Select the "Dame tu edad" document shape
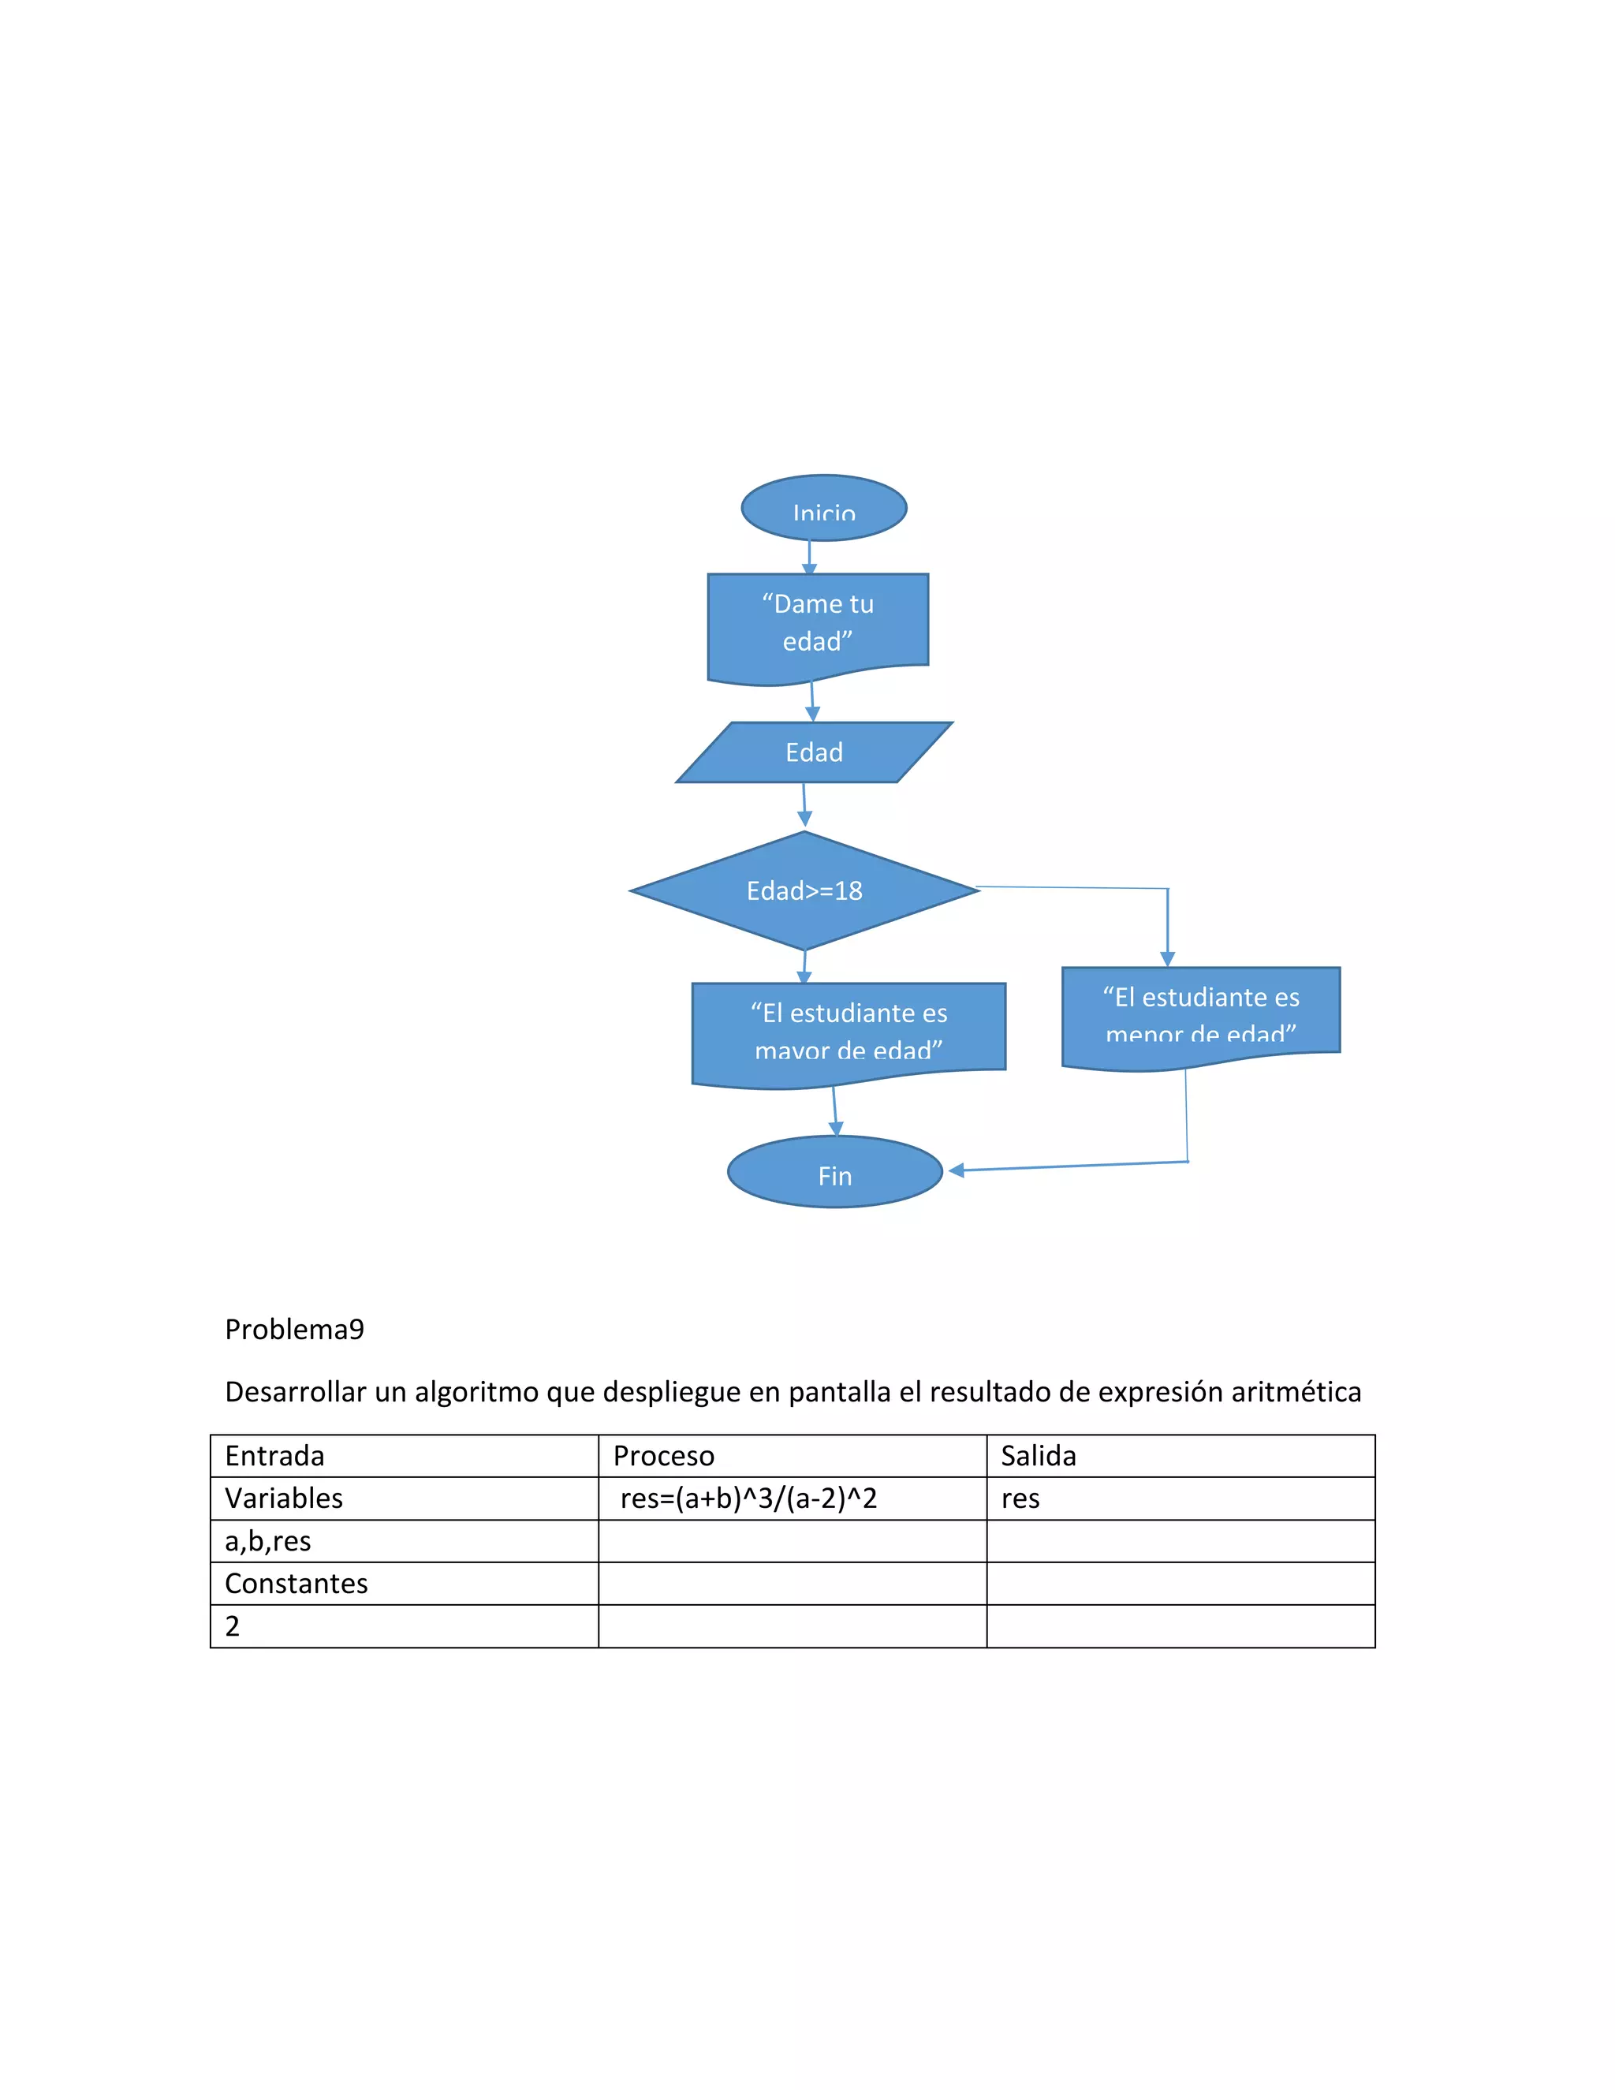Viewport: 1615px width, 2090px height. [x=817, y=624]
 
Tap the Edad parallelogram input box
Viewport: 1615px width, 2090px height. [x=814, y=752]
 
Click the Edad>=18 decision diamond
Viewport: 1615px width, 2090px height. [x=804, y=891]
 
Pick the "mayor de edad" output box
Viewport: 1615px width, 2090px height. [x=848, y=1031]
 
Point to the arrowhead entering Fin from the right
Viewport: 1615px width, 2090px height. [x=957, y=1170]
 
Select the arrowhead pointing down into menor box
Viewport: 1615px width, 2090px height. [x=1166, y=958]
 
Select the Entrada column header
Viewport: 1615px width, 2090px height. [x=274, y=1456]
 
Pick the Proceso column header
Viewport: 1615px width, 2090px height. [x=663, y=1456]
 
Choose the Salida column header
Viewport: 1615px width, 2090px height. [x=1038, y=1456]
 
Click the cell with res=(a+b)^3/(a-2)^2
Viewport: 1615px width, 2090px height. [x=748, y=1498]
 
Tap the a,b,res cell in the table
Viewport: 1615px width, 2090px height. [x=268, y=1541]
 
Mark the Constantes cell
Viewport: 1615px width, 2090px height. [x=296, y=1584]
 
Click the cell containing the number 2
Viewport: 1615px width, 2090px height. [x=233, y=1626]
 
